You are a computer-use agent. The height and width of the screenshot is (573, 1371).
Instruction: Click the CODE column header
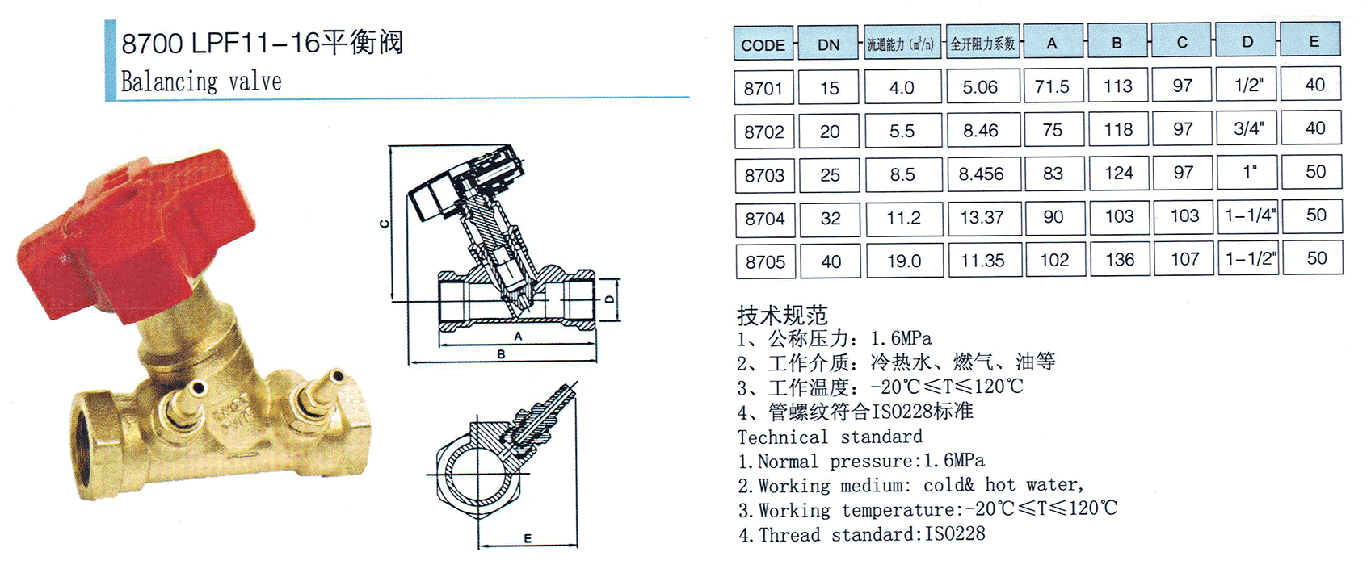(763, 43)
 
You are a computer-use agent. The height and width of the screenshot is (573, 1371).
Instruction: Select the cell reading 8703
(765, 175)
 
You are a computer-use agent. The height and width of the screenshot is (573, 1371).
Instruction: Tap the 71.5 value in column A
(1053, 86)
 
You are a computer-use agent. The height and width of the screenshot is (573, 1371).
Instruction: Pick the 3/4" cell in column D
(1248, 128)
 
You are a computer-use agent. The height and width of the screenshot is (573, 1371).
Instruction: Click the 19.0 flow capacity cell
(905, 261)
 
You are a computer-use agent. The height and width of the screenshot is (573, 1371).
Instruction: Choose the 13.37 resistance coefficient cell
(983, 218)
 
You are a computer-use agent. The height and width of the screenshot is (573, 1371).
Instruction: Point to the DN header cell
(828, 43)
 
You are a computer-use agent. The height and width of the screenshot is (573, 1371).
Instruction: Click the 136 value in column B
(1120, 259)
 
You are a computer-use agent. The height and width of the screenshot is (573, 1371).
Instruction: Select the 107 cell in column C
(1184, 259)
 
